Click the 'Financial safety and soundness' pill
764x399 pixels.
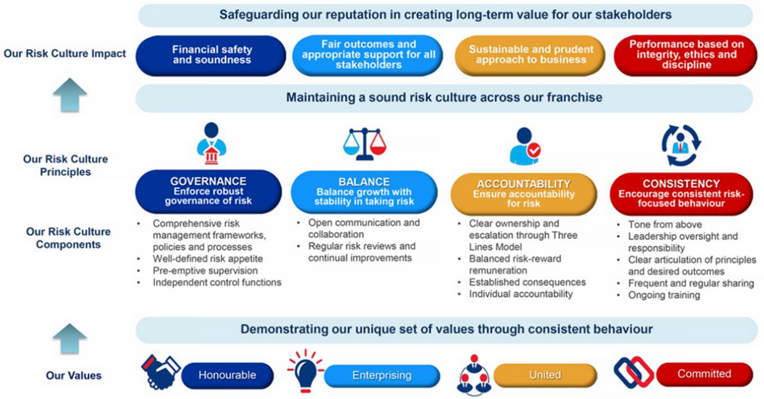click(211, 56)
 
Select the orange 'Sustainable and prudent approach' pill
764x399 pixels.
click(530, 56)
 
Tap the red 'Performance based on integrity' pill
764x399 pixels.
click(686, 56)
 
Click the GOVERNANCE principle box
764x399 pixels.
click(208, 192)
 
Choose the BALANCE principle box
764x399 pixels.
click(364, 192)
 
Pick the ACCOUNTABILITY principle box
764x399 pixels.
click(524, 194)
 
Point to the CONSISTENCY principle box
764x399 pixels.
click(681, 194)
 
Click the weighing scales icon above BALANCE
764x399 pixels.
click(365, 144)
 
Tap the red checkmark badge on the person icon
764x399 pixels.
click(534, 150)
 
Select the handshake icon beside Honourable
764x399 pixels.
click(160, 372)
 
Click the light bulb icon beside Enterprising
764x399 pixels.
click(305, 371)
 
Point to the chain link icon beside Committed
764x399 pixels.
click(634, 373)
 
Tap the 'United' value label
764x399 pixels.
click(545, 375)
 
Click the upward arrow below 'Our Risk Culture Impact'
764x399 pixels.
click(70, 95)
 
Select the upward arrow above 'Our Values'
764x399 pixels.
click(70, 338)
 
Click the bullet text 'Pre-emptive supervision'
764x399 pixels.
click(205, 271)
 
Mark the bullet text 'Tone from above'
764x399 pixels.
click(665, 225)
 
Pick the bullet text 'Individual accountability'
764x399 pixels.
click(521, 294)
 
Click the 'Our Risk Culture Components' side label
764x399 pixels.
click(68, 238)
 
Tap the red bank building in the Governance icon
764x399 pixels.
click(211, 156)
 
